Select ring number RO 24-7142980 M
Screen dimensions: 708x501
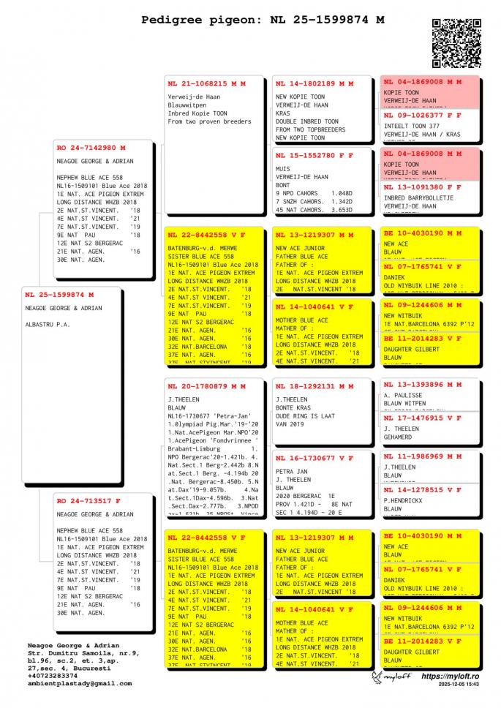coord(91,148)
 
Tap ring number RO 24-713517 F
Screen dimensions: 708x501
coord(88,501)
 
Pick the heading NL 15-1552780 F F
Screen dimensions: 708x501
coord(314,155)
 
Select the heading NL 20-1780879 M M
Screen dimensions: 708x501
coord(206,386)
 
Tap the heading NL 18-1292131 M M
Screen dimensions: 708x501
coord(314,386)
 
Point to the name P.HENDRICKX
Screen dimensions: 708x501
coord(404,500)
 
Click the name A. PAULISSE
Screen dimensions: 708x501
coord(404,395)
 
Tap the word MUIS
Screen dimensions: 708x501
coord(283,168)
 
